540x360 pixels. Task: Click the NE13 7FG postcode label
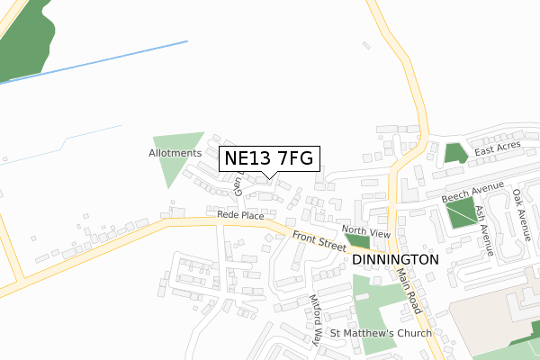pyautogui.click(x=269, y=158)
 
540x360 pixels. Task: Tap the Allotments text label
pyautogui.click(x=175, y=153)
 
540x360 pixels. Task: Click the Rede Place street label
pyautogui.click(x=239, y=216)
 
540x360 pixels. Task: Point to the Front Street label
pyautogui.click(x=319, y=240)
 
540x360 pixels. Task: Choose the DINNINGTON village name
pyautogui.click(x=396, y=258)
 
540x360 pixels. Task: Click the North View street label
pyautogui.click(x=366, y=232)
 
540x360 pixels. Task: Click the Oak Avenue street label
pyautogui.click(x=520, y=212)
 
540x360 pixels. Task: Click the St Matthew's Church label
pyautogui.click(x=381, y=333)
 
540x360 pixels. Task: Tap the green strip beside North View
pyautogui.click(x=357, y=241)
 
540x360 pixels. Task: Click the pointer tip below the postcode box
pyautogui.click(x=269, y=177)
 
